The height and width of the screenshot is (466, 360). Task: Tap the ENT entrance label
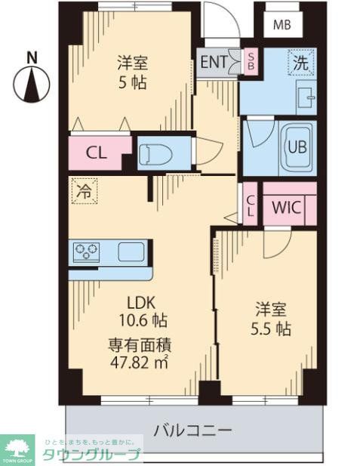213,62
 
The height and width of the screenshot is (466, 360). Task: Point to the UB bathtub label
296,147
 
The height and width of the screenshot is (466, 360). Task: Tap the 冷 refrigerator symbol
85,191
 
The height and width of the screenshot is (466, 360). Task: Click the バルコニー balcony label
193,430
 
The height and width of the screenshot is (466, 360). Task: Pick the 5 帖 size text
132,82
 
